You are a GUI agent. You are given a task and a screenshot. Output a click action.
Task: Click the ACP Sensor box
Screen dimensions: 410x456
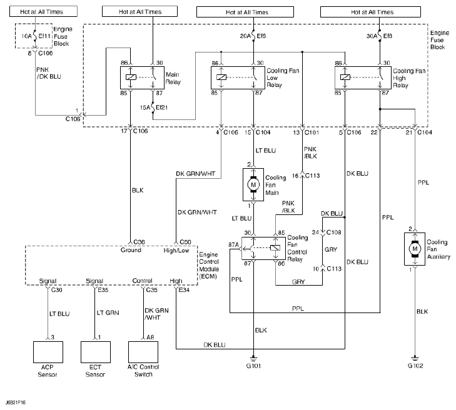tap(49, 354)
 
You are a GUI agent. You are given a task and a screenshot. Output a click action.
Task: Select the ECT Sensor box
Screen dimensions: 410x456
tap(96, 354)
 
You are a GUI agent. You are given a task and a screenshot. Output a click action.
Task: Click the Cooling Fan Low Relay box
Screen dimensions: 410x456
tap(238, 77)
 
